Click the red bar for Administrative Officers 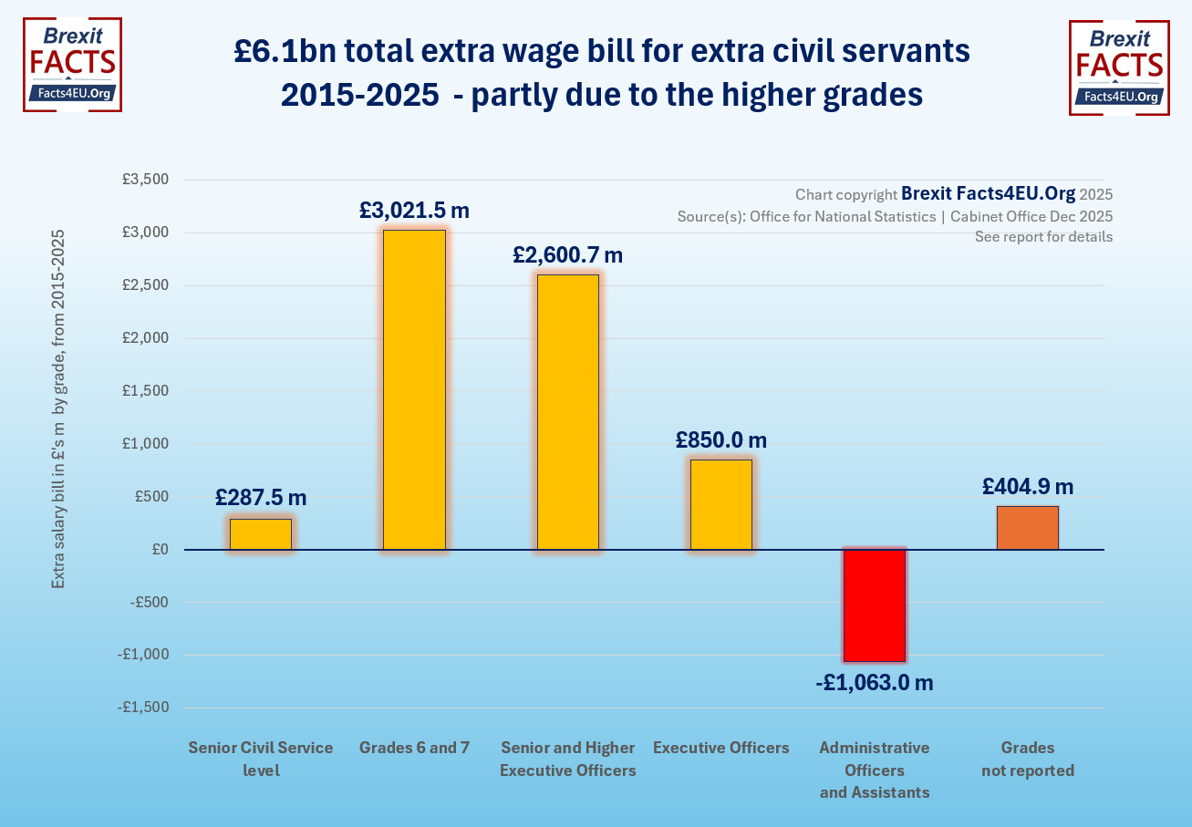coord(874,605)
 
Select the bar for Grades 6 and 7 coord(414,389)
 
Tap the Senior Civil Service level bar coord(261,534)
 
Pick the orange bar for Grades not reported coord(1027,528)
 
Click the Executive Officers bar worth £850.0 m coord(720,504)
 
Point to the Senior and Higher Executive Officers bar coord(567,412)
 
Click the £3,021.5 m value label coord(414,211)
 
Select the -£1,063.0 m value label coord(874,682)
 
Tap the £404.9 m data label coord(1028,486)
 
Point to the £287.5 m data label coord(261,498)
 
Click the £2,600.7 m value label coord(567,255)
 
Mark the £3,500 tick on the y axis coord(146,180)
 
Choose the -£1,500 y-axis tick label coord(143,708)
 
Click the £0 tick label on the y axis coord(160,550)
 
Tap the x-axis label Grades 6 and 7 coord(414,748)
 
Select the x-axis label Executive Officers coord(720,748)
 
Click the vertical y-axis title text coord(58,408)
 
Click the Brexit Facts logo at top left coord(72,65)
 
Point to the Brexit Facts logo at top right coord(1118,68)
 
